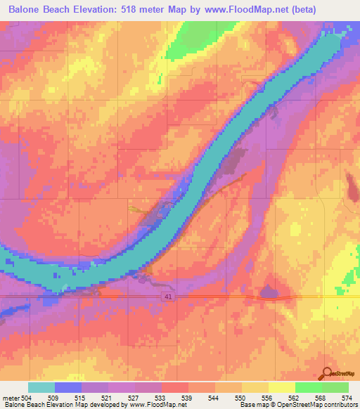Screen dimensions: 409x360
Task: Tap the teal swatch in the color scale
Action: point(41,387)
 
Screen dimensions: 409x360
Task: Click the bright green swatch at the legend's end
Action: point(335,387)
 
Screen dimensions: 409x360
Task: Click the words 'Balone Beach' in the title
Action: point(39,10)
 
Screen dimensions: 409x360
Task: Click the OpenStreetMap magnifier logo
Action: point(328,374)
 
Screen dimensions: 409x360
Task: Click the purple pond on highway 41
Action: point(269,292)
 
